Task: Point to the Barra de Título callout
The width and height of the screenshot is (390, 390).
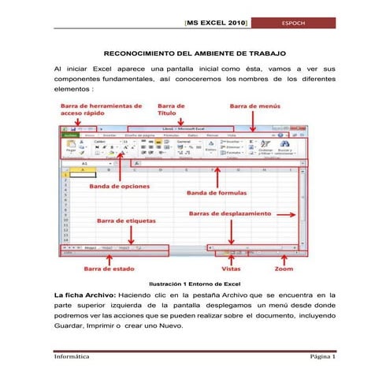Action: (172, 109)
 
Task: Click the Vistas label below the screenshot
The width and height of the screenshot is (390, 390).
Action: (231, 269)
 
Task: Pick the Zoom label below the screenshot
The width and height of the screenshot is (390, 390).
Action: (284, 269)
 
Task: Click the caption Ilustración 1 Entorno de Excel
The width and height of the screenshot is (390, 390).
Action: (194, 284)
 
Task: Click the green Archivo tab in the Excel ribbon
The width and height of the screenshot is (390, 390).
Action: (70, 135)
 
